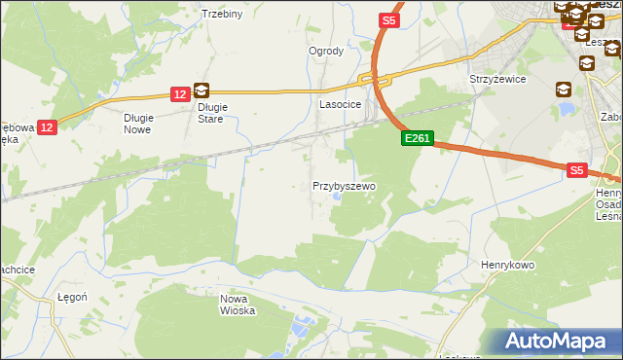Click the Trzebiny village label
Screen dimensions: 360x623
[221, 14]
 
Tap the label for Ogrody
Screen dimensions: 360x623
[326, 52]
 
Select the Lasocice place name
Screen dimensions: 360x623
[341, 103]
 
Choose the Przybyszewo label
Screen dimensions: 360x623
[344, 185]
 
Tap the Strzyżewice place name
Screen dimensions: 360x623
[497, 79]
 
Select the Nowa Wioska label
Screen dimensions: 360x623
[237, 305]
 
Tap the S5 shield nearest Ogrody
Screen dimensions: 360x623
[388, 19]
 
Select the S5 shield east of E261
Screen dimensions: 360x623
[577, 170]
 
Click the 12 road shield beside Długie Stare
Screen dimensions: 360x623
[179, 94]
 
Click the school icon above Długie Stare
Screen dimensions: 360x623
[201, 90]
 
